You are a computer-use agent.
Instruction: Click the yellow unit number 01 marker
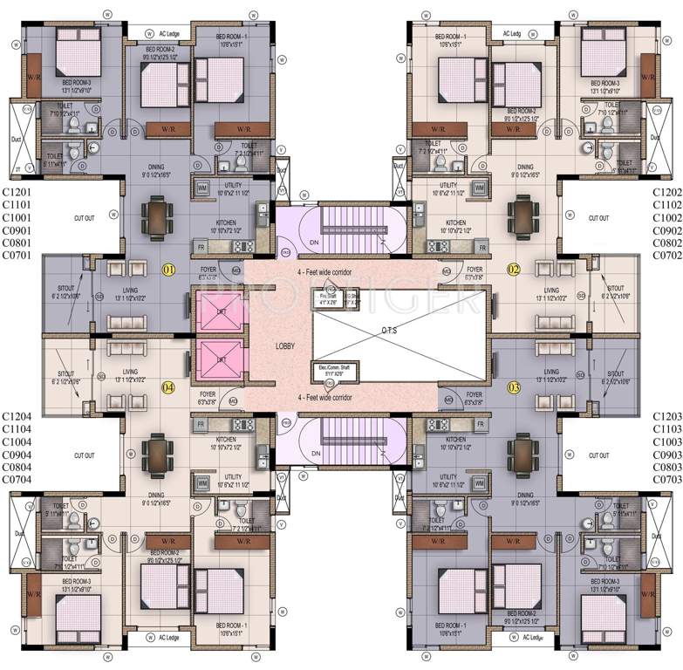[168, 270]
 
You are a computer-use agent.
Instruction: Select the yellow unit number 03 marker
[514, 386]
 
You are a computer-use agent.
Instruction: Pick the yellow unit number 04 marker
[168, 386]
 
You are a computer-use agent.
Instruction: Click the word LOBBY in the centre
[284, 346]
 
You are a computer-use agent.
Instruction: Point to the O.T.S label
[389, 330]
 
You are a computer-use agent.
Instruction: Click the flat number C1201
[18, 191]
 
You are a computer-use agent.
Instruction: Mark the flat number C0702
[666, 256]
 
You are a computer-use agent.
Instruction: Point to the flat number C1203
[666, 416]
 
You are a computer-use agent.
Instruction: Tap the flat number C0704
[18, 479]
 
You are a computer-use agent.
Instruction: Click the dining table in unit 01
[158, 213]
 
